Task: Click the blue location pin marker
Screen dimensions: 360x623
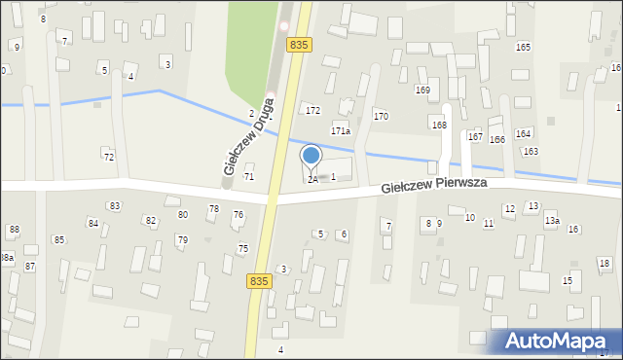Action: click(311, 157)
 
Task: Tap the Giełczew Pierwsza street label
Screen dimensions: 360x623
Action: click(433, 185)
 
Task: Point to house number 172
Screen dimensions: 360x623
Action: click(312, 110)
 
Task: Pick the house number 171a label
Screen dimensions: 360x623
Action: click(340, 130)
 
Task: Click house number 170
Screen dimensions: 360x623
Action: click(381, 116)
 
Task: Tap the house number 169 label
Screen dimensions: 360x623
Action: click(422, 90)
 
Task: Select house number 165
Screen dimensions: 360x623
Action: click(523, 48)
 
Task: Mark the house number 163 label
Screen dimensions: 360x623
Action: click(531, 151)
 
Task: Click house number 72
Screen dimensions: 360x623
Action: click(109, 157)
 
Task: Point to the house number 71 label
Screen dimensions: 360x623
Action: click(249, 176)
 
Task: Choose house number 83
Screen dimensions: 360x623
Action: click(115, 205)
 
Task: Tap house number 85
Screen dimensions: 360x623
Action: click(59, 239)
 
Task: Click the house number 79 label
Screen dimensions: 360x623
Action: click(182, 239)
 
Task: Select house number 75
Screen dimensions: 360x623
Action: click(242, 249)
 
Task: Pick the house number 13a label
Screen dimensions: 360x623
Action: click(552, 221)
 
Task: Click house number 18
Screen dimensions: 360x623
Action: click(604, 264)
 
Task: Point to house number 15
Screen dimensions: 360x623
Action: click(568, 281)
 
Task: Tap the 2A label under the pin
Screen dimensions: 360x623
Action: click(312, 180)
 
